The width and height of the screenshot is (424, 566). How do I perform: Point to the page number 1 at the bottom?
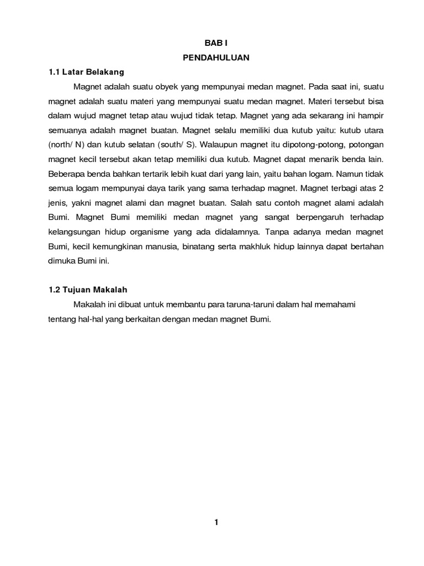(x=217, y=522)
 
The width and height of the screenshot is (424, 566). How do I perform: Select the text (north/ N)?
(x=68, y=145)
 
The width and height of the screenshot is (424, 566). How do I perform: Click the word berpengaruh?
(x=318, y=217)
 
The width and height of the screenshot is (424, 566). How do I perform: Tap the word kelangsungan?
(x=75, y=231)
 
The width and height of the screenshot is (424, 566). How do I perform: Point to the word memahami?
(x=342, y=304)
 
